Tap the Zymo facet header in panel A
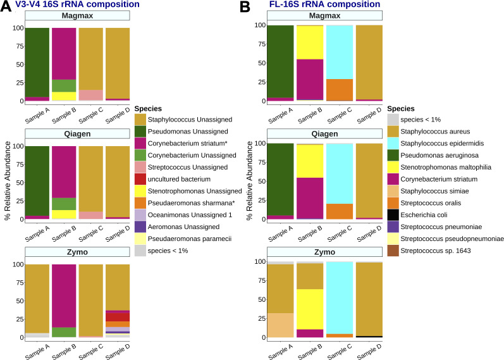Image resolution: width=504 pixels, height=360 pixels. tap(77, 252)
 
